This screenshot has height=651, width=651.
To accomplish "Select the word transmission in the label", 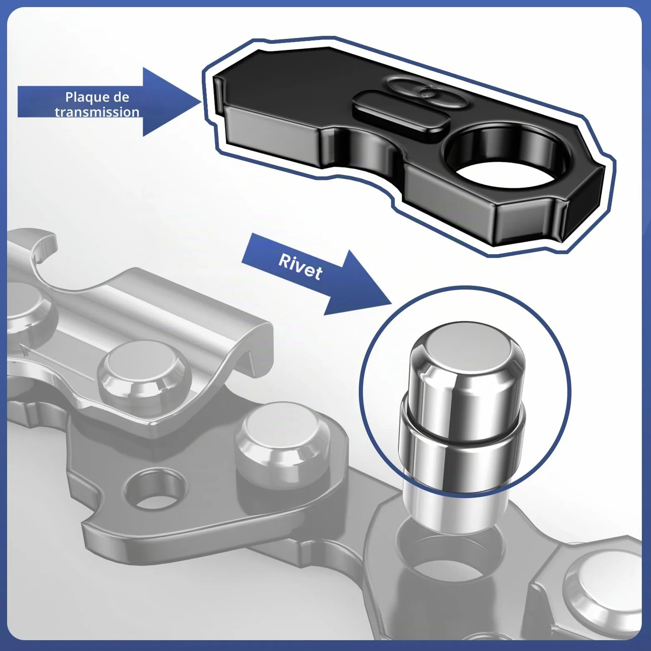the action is pos(97,112).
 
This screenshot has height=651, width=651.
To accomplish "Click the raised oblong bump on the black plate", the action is pos(401,112).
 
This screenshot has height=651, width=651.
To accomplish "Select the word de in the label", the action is pos(121,98).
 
